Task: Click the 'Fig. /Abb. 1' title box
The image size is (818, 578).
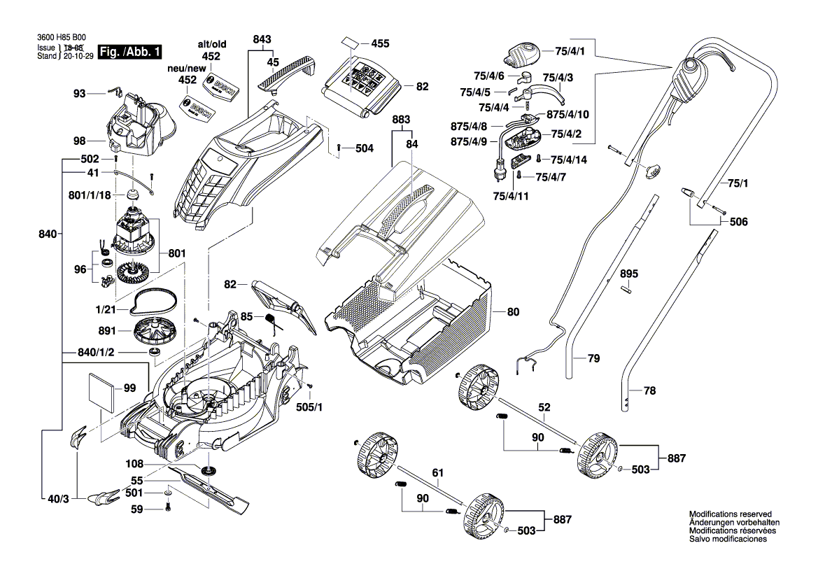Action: pyautogui.click(x=131, y=52)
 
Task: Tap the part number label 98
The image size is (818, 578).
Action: pyautogui.click(x=79, y=141)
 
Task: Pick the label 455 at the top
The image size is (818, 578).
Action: pyautogui.click(x=380, y=43)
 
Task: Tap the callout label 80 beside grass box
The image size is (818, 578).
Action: pyautogui.click(x=513, y=311)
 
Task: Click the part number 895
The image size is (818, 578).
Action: pyautogui.click(x=629, y=272)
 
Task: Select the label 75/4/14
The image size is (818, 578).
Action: pyautogui.click(x=568, y=160)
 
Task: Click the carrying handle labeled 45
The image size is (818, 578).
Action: pyautogui.click(x=288, y=73)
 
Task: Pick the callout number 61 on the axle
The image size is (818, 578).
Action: pyautogui.click(x=437, y=474)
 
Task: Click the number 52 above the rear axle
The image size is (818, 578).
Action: pyautogui.click(x=544, y=406)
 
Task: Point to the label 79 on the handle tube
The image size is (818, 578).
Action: pyautogui.click(x=593, y=359)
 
